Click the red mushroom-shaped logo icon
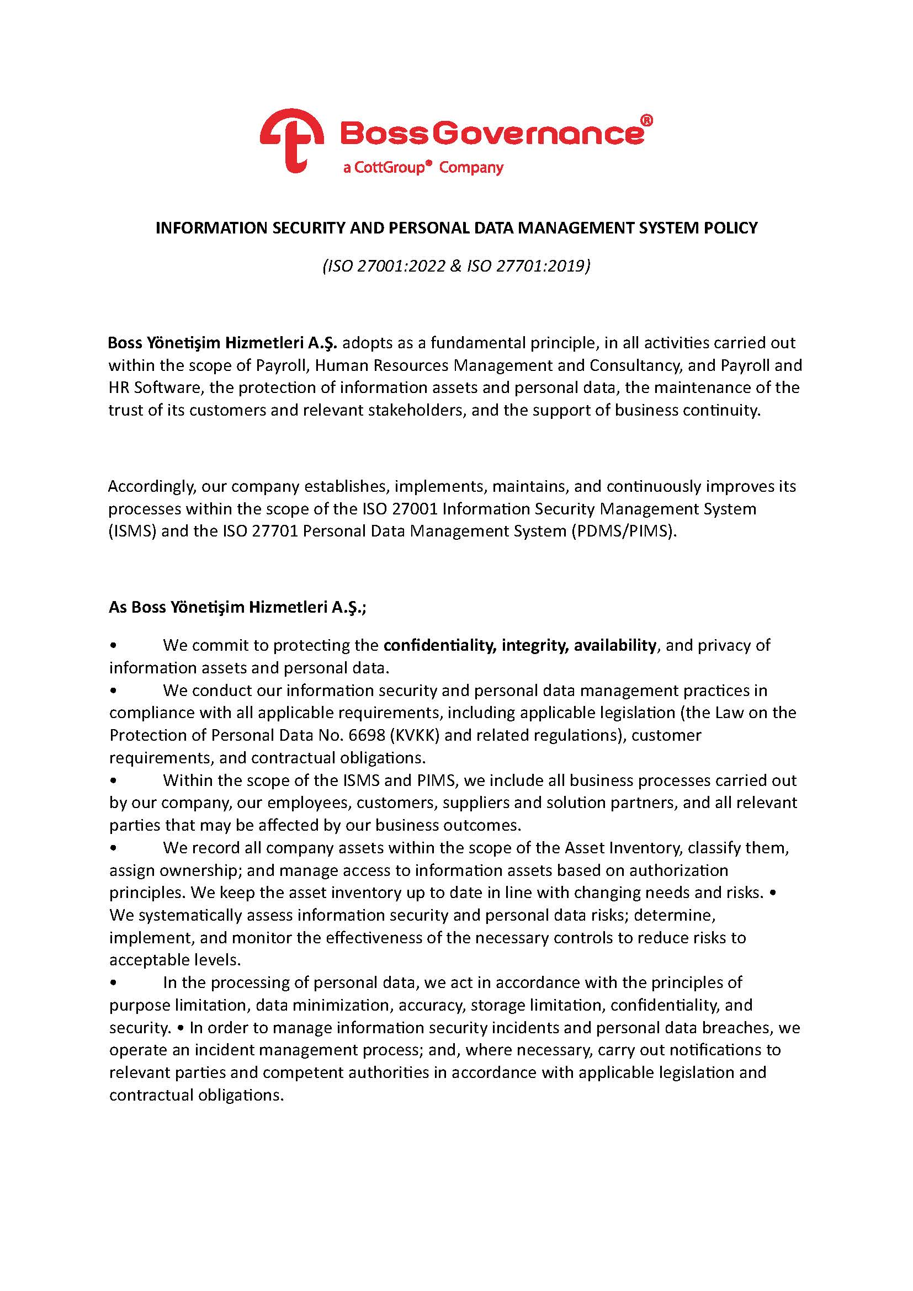click(291, 140)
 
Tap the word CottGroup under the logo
click(392, 168)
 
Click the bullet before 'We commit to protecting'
click(114, 646)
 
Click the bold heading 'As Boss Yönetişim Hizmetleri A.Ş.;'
click(237, 607)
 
